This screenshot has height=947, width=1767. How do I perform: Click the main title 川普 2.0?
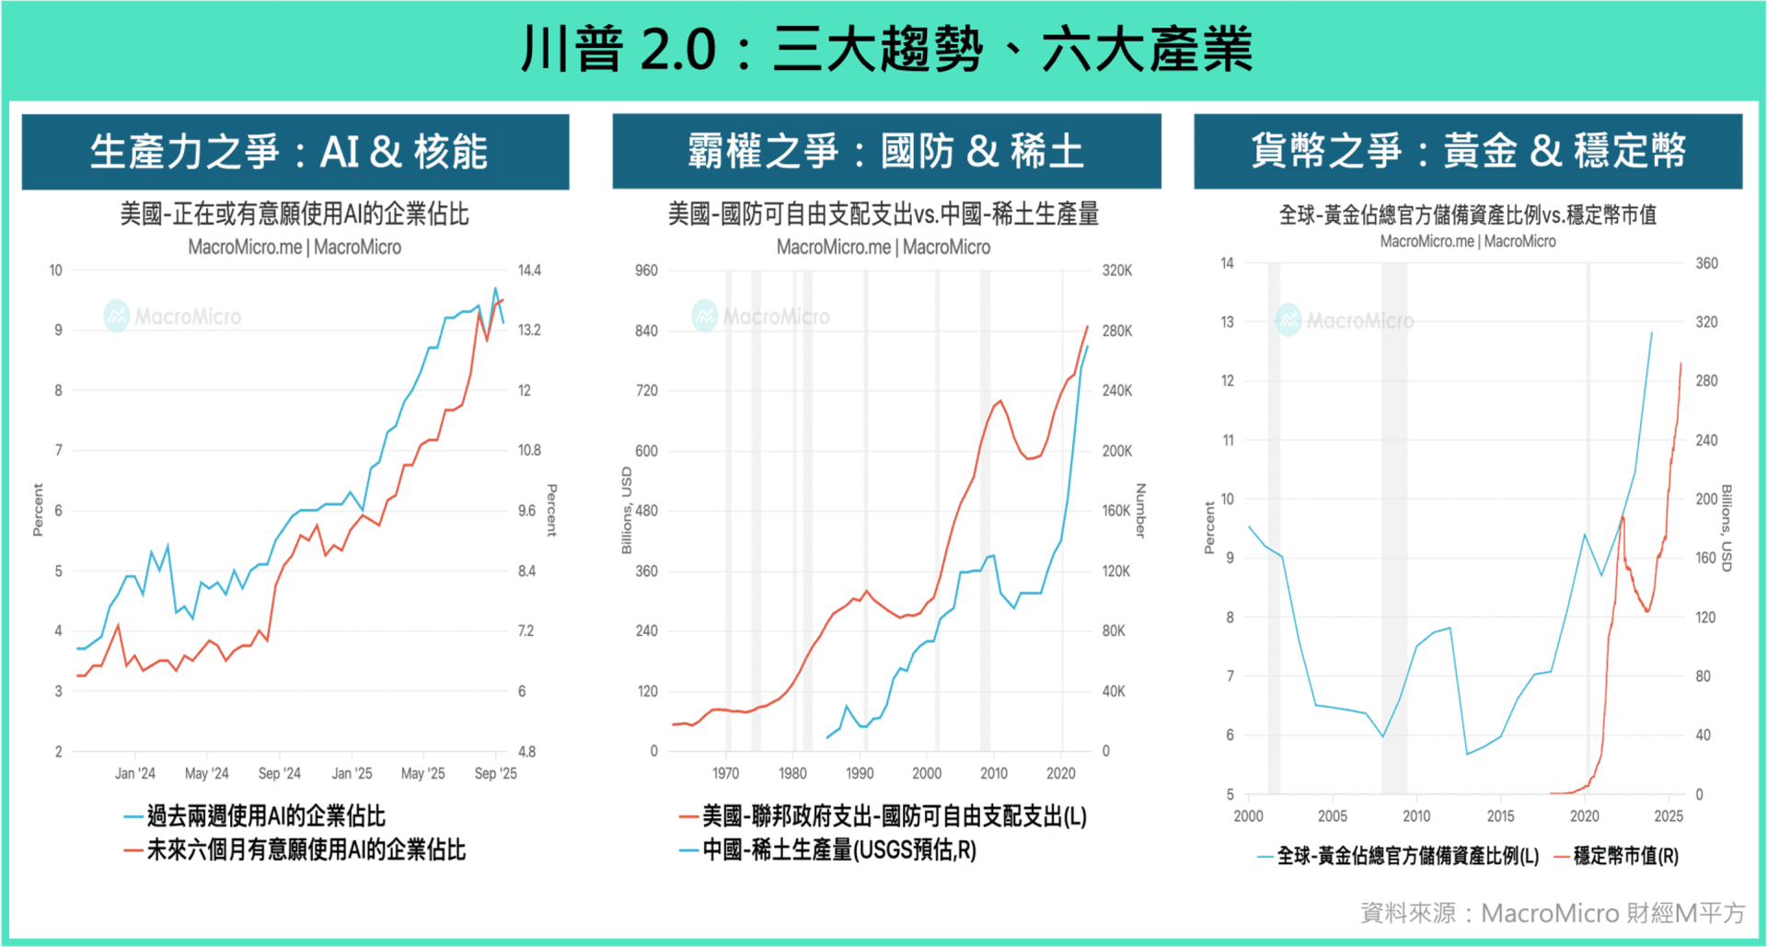[x=885, y=48]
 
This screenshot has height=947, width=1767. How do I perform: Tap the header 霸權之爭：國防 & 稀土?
[x=885, y=152]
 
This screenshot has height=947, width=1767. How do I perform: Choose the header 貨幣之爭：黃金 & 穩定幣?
[x=1467, y=152]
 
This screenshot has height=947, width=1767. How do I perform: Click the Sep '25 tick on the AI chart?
[x=495, y=774]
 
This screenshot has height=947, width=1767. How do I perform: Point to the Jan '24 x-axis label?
[x=134, y=774]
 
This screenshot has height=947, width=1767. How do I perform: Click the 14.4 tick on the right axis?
[x=529, y=271]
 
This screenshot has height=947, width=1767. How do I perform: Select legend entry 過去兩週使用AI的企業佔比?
[x=265, y=816]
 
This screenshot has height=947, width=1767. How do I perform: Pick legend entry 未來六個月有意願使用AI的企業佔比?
[x=306, y=850]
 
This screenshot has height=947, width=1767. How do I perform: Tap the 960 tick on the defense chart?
[x=646, y=271]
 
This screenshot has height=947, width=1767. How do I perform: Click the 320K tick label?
[x=1117, y=271]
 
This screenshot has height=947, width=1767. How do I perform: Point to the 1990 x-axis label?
[x=860, y=774]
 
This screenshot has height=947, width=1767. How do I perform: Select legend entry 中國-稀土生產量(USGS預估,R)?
[x=838, y=850]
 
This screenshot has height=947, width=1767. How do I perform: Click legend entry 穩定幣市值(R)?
[x=1625, y=857]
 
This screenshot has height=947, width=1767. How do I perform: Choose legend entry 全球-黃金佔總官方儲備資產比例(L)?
[x=1407, y=857]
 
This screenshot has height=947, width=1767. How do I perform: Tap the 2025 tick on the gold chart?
[x=1668, y=816]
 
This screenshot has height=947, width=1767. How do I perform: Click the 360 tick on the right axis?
[x=1706, y=263]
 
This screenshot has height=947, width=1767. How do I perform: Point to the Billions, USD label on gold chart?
[x=1727, y=528]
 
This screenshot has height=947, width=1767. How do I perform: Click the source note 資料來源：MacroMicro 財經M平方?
[x=1553, y=913]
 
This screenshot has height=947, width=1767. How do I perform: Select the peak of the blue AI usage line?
[x=495, y=289]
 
